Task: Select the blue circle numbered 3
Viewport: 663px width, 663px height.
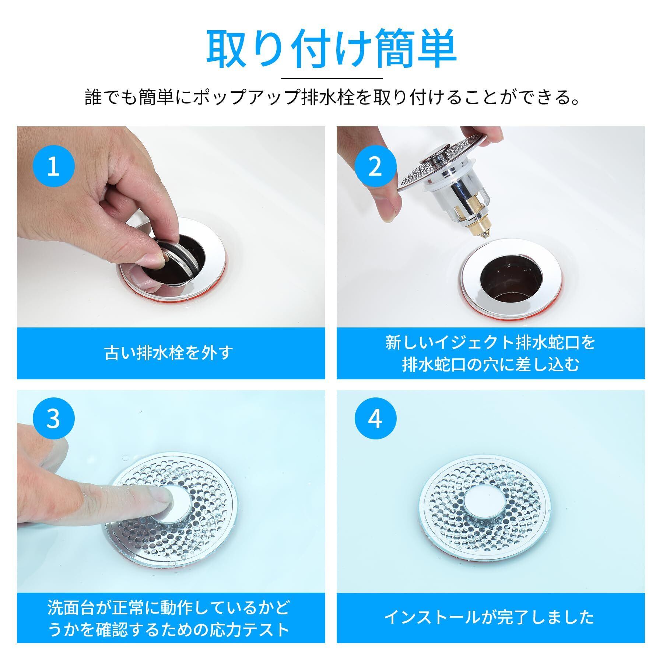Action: click(53, 419)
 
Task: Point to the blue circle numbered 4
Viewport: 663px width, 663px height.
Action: click(375, 419)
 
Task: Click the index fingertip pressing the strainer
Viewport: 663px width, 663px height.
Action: click(162, 499)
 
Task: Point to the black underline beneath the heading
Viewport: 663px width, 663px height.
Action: click(331, 78)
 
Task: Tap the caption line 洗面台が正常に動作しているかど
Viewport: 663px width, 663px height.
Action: click(169, 606)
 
